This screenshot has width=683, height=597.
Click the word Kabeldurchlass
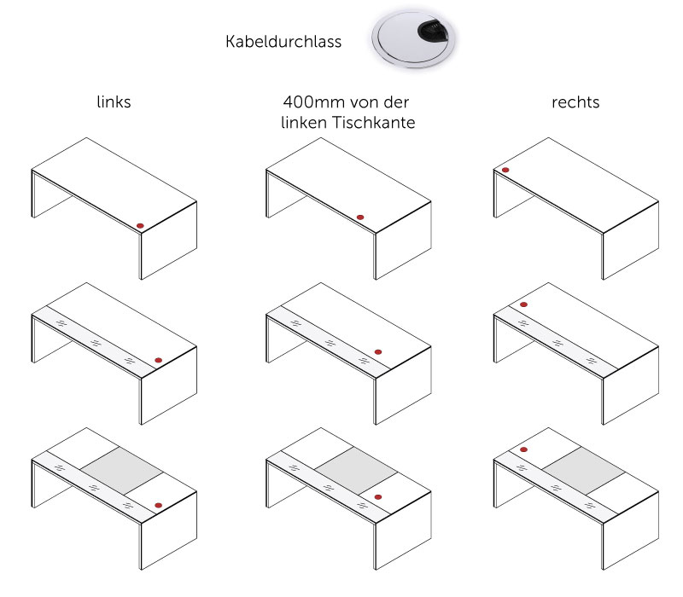pyautogui.click(x=283, y=41)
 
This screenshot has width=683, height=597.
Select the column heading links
pyautogui.click(x=114, y=102)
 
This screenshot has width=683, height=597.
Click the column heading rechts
pyautogui.click(x=575, y=102)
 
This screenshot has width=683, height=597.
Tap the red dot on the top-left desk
pyautogui.click(x=141, y=224)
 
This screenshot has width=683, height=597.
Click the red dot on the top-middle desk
pyautogui.click(x=359, y=217)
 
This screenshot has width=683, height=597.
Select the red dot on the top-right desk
pyautogui.click(x=505, y=171)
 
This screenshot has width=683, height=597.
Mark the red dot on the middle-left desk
pyautogui.click(x=158, y=359)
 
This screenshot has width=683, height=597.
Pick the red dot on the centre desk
pyautogui.click(x=377, y=351)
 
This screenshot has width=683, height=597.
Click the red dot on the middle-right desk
pyautogui.click(x=523, y=304)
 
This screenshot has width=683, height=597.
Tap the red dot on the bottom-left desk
pyautogui.click(x=158, y=504)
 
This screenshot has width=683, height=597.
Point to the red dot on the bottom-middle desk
pyautogui.click(x=377, y=496)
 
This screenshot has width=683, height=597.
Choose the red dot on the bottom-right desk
pyautogui.click(x=523, y=449)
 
